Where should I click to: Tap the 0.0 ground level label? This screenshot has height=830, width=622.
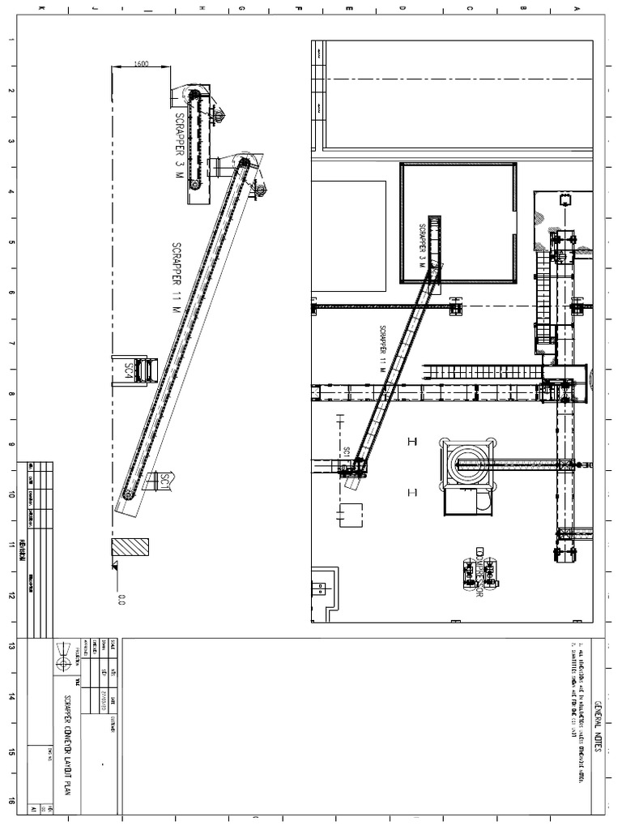pos(122,600)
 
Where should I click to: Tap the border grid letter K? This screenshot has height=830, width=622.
pos(40,9)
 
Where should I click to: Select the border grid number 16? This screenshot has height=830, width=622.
pos(11,799)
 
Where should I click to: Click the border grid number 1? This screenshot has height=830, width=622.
pos(11,42)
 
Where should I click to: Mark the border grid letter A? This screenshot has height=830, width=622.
pos(577,9)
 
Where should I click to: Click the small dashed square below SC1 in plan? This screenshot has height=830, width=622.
pos(351,514)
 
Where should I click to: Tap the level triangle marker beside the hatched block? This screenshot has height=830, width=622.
pos(116,565)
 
